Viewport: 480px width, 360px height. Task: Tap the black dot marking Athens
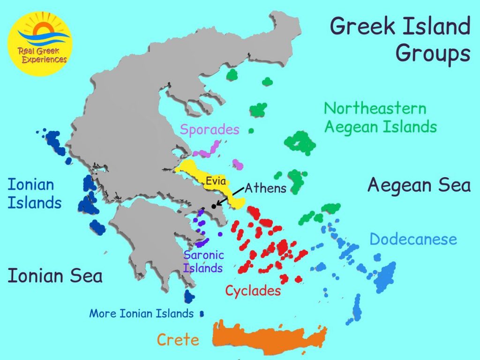tap(214, 206)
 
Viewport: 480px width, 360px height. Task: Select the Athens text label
tap(265, 188)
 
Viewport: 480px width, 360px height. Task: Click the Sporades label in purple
tap(210, 130)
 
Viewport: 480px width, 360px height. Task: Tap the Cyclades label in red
tap(253, 291)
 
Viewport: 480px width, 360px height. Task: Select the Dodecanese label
tap(413, 239)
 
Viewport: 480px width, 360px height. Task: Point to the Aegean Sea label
tap(419, 185)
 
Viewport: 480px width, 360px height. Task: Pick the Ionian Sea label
tap(55, 276)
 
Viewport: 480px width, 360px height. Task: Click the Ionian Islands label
tap(34, 194)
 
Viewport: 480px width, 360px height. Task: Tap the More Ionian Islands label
tap(141, 313)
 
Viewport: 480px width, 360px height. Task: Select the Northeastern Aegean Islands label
tap(380, 118)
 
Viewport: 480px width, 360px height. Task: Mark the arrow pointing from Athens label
tap(230, 197)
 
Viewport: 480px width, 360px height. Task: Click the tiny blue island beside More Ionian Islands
tap(202, 314)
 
